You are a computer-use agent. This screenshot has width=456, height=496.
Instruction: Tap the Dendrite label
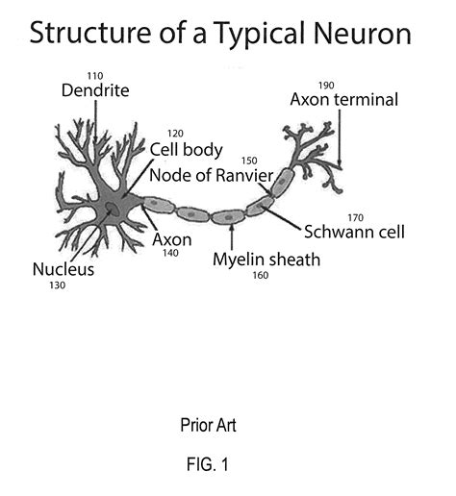[x=93, y=92]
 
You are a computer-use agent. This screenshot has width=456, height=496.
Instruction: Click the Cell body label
[x=186, y=150]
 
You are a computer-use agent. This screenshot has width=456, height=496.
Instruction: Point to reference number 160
[x=259, y=275]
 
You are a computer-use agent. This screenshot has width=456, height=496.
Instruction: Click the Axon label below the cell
[x=171, y=238]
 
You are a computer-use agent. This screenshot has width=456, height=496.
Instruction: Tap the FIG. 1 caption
[x=208, y=465]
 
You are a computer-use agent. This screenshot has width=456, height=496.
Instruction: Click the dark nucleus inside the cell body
[x=113, y=208]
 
